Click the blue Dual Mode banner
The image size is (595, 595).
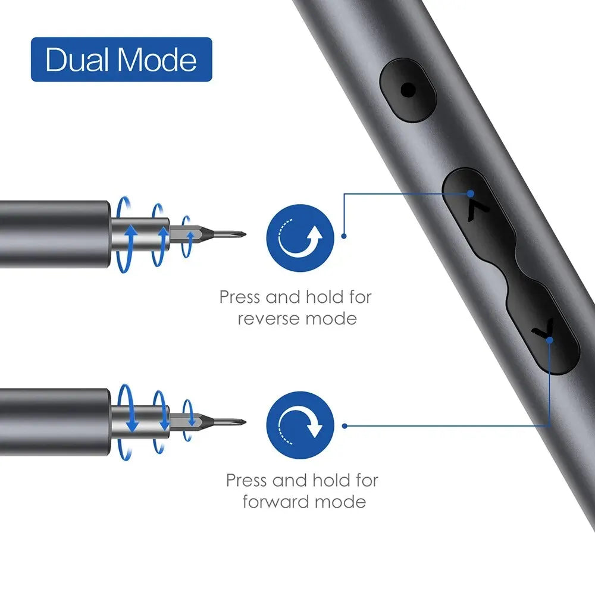click(121, 59)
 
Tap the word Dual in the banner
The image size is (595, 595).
click(76, 60)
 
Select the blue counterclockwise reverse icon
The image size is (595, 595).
click(300, 238)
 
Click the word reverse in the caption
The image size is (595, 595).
click(268, 319)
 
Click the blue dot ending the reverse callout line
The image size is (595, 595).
click(344, 236)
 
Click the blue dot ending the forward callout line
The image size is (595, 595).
click(345, 425)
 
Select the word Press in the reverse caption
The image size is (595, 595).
click(240, 296)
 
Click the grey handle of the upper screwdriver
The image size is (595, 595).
click(54, 234)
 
